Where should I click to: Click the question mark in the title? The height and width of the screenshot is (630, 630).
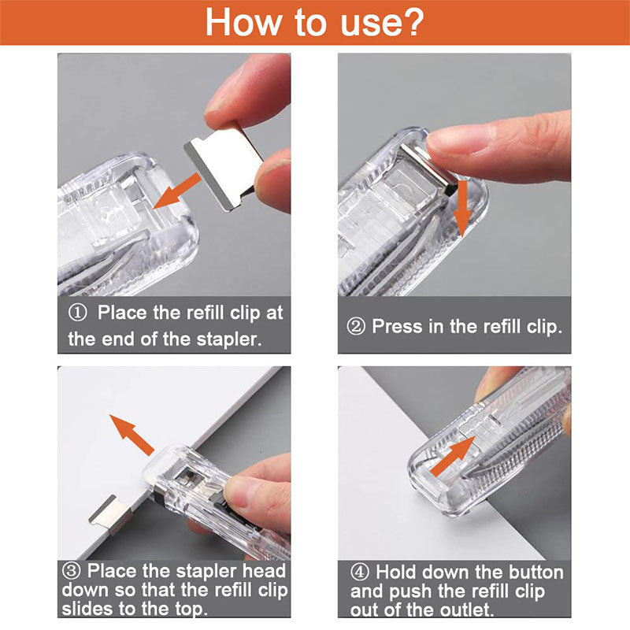[411, 22]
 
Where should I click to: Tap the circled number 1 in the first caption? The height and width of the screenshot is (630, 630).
[78, 313]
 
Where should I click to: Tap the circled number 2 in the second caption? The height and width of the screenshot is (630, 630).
[357, 326]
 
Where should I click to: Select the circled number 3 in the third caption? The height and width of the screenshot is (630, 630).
[72, 570]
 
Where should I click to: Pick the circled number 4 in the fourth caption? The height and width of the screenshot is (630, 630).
[361, 572]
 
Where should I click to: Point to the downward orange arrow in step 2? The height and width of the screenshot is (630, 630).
[462, 206]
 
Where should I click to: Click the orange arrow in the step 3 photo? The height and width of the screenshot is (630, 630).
[132, 433]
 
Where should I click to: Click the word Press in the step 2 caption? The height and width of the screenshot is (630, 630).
[397, 326]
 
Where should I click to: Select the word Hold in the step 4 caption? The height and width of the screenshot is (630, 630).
[399, 572]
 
